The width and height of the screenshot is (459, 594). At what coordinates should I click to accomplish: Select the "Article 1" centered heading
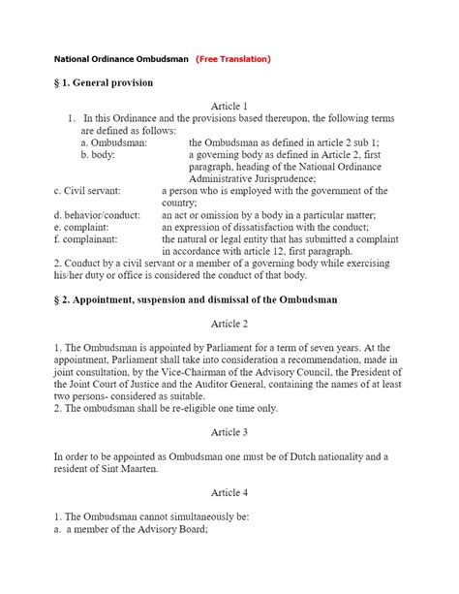[x=229, y=106]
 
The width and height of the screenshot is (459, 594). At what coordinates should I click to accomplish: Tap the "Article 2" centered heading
[x=229, y=322]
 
